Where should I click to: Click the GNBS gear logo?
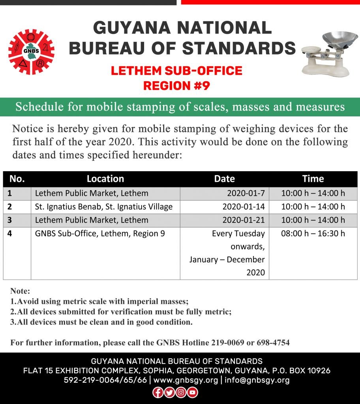31,52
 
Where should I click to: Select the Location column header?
105,179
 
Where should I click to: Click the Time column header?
313,179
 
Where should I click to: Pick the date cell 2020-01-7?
246,193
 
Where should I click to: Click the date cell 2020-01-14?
243,207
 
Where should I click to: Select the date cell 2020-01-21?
243,220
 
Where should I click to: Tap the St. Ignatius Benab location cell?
104,207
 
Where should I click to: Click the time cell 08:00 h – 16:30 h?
313,234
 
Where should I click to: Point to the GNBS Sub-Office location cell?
100,234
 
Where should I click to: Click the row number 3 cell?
9,220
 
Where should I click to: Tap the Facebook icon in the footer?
157,392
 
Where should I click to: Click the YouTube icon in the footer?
192,392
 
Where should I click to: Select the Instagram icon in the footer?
181,392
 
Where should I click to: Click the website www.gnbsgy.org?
186,380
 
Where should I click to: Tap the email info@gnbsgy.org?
257,380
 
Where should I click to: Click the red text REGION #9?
176,85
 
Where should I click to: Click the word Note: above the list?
20,292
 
